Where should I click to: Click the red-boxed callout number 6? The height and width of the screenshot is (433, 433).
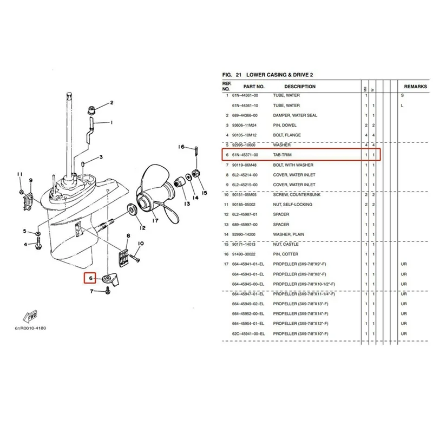(90, 279)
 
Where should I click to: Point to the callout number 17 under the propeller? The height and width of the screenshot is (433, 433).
(154, 220)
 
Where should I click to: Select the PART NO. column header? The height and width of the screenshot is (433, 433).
(254, 87)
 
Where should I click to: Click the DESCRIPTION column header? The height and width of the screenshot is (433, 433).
(300, 87)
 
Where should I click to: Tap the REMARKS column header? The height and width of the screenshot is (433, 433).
(416, 87)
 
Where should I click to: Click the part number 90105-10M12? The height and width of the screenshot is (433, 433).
(246, 135)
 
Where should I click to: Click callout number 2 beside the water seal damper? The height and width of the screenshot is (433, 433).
(111, 102)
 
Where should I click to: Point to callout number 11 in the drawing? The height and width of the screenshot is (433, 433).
(20, 174)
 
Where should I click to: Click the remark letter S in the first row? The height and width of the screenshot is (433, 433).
(402, 96)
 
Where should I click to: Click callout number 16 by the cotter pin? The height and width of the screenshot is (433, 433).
(182, 147)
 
